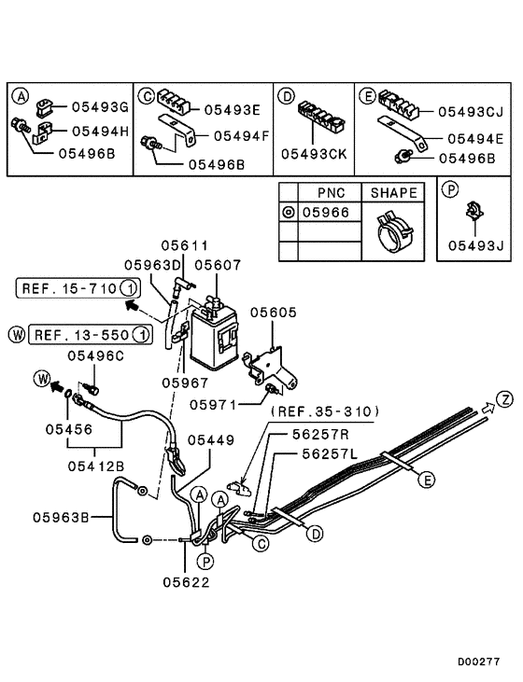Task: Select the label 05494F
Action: click(240, 135)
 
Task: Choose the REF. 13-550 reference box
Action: click(90, 333)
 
